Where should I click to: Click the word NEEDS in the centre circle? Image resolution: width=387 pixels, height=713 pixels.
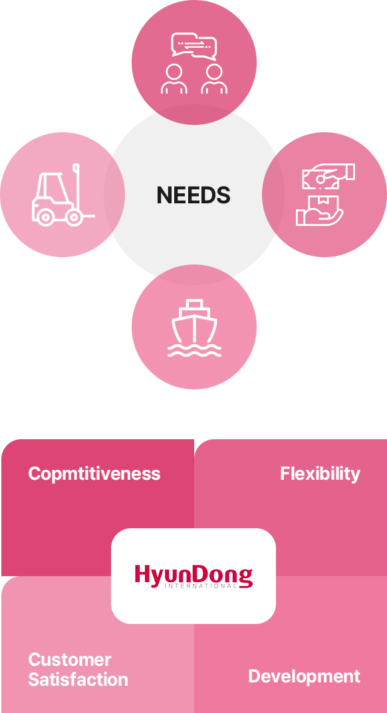(x=193, y=195)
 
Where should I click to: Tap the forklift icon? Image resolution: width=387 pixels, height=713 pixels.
(x=63, y=195)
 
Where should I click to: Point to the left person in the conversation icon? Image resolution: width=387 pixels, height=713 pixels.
(x=174, y=78)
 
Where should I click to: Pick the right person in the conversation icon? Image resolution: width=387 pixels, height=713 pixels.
(x=214, y=78)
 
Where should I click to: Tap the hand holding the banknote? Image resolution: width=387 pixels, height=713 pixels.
(x=328, y=175)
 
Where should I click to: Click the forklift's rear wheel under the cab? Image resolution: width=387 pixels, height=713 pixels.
(x=45, y=217)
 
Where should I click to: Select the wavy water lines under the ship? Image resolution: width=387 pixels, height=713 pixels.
(x=194, y=351)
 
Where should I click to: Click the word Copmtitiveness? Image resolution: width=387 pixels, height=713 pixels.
(x=94, y=474)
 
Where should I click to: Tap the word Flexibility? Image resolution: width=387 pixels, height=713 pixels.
(x=320, y=474)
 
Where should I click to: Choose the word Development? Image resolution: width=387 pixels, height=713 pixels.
(x=304, y=676)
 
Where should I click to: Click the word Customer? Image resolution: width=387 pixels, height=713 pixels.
(x=70, y=660)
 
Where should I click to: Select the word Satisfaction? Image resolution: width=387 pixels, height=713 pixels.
(x=78, y=680)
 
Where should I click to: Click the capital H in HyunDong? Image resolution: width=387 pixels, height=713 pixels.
(x=142, y=574)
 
